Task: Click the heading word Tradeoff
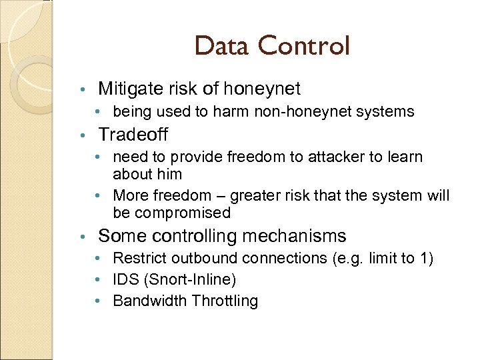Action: (x=133, y=135)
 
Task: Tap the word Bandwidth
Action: (x=150, y=301)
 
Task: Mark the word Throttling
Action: (x=224, y=301)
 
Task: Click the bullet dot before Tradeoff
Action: (x=83, y=135)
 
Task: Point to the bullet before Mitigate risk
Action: (x=83, y=89)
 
